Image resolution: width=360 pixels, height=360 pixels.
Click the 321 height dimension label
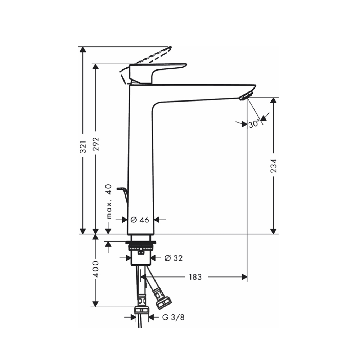[83, 147]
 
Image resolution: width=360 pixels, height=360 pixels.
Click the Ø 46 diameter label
[140, 220]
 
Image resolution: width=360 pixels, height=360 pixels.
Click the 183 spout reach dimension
[195, 277]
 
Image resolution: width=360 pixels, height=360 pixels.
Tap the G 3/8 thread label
[171, 317]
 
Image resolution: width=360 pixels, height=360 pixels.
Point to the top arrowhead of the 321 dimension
[83, 50]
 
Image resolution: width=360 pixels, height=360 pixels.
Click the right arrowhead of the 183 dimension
[244, 277]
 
